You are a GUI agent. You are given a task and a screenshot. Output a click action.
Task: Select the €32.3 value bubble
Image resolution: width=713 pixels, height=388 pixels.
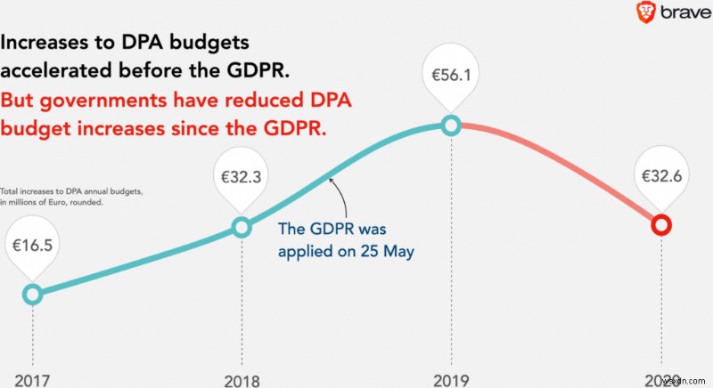[x=241, y=176]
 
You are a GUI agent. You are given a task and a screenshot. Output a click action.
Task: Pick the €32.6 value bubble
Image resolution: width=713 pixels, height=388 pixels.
[x=660, y=175]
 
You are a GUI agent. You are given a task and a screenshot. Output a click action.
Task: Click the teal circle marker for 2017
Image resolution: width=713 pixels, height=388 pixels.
[x=32, y=294]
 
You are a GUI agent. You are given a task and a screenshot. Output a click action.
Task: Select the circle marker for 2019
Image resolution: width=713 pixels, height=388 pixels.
[x=451, y=125]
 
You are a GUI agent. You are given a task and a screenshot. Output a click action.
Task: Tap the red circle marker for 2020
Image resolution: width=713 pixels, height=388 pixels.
[x=660, y=224]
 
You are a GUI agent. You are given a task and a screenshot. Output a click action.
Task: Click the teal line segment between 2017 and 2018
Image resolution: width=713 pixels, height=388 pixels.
[x=134, y=264]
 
